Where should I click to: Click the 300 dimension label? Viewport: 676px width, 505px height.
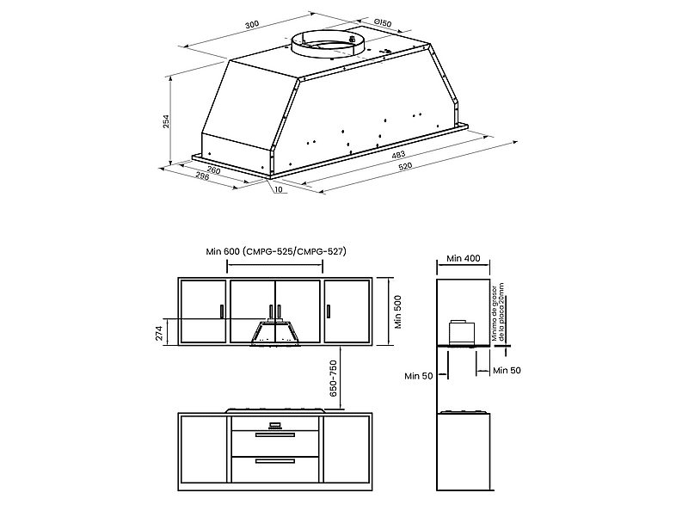click(252, 25)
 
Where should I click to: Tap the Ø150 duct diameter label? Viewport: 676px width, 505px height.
click(383, 22)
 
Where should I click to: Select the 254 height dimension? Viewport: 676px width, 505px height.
click(166, 121)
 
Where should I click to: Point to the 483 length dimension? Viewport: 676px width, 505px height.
click(398, 154)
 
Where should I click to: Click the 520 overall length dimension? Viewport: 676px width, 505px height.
click(405, 166)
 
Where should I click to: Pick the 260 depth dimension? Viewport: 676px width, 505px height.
click(213, 170)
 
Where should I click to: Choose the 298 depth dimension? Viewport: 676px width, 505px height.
click(202, 176)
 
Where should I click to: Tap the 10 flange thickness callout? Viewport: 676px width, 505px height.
click(278, 189)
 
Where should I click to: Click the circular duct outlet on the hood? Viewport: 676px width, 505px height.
click(328, 44)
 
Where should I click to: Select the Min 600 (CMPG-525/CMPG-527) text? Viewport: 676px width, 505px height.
click(276, 251)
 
